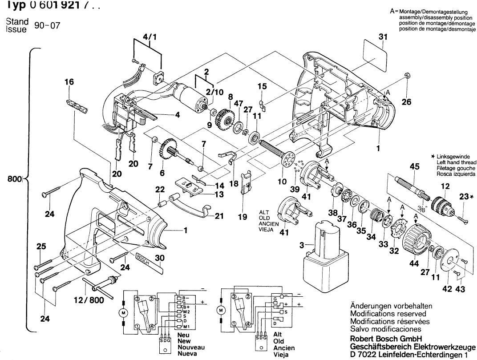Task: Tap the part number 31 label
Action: (383, 37)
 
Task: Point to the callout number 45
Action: (414, 167)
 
